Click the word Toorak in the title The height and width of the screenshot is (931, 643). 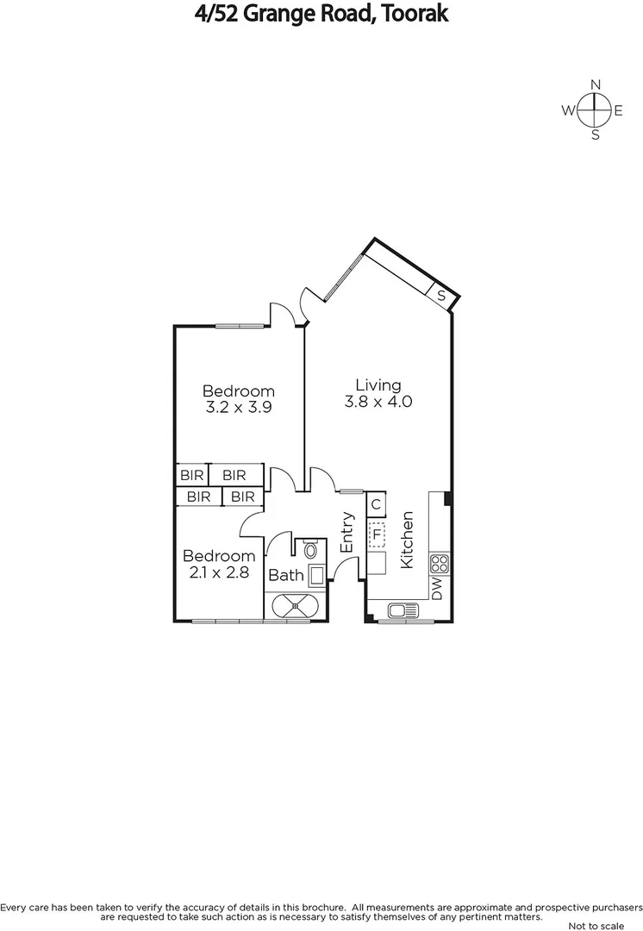tap(412, 14)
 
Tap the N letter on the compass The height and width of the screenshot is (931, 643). tap(595, 84)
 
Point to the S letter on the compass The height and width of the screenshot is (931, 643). tap(595, 135)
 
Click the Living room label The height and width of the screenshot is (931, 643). tap(378, 385)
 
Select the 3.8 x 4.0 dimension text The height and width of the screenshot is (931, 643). tap(378, 402)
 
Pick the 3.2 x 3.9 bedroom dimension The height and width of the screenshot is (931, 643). tap(239, 409)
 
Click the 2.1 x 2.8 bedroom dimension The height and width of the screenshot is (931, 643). tap(218, 572)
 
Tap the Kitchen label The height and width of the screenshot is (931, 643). tap(408, 540)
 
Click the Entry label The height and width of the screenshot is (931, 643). tap(347, 533)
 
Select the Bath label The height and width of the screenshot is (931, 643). tap(286, 575)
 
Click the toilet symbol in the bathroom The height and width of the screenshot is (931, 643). tap(311, 549)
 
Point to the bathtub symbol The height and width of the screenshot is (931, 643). tap(297, 607)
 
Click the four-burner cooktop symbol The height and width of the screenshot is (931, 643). tap(440, 564)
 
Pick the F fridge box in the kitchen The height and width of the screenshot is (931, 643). tap(377, 535)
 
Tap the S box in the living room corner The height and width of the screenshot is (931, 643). tap(441, 296)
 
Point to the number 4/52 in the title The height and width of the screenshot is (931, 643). tap(217, 14)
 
